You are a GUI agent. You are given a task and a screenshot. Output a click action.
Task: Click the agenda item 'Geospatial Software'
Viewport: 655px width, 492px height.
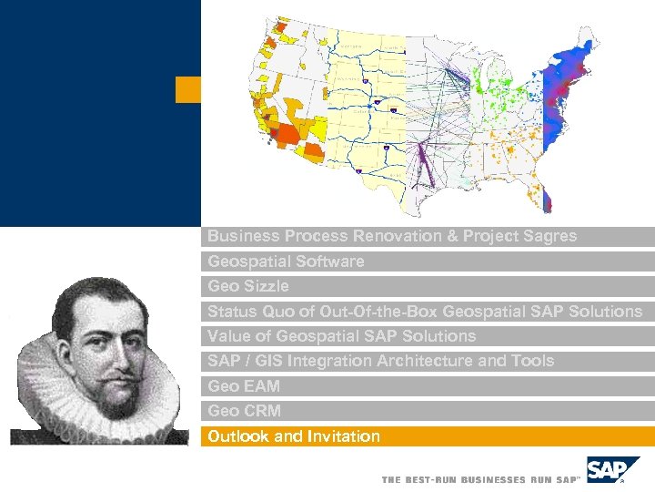pos(286,261)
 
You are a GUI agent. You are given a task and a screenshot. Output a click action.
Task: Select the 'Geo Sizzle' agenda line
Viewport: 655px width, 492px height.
pos(248,286)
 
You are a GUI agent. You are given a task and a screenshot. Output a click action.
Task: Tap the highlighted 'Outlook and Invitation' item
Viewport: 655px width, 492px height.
pos(294,436)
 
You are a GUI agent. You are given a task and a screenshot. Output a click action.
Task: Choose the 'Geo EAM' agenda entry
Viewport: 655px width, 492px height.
pos(244,386)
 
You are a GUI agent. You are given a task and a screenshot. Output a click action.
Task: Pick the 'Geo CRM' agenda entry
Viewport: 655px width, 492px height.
pos(244,411)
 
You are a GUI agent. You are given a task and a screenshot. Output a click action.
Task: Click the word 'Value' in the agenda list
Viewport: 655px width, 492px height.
pos(227,336)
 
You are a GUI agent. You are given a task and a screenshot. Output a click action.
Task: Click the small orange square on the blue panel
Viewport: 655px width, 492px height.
pos(187,89)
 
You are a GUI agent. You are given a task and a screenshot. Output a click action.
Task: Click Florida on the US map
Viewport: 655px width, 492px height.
pos(551,194)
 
